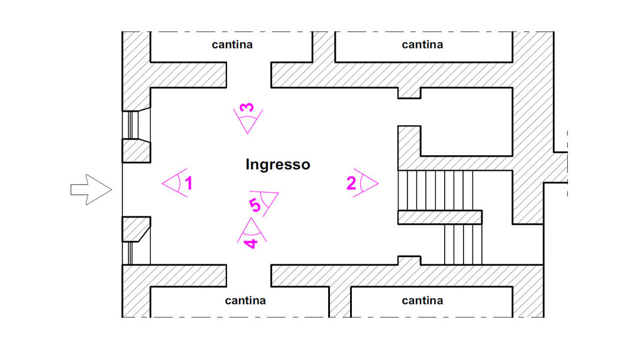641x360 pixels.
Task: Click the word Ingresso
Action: (x=277, y=164)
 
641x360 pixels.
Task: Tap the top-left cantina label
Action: (x=232, y=44)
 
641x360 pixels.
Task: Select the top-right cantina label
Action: (x=422, y=44)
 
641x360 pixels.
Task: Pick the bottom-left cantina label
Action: (x=245, y=300)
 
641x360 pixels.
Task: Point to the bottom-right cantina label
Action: (x=422, y=300)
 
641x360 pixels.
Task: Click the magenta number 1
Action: (x=189, y=184)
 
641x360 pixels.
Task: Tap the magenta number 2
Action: (x=351, y=183)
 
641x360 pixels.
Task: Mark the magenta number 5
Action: (x=255, y=205)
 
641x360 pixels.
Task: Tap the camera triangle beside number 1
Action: (x=173, y=184)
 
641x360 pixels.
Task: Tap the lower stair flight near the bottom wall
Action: (x=463, y=244)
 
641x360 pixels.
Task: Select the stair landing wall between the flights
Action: (x=439, y=217)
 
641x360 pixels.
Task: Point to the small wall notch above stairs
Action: (x=409, y=93)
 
